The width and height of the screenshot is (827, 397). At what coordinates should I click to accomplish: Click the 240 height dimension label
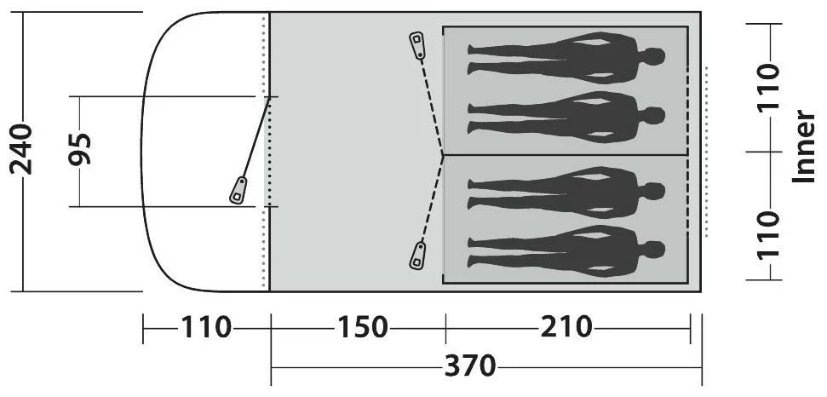tap(21, 149)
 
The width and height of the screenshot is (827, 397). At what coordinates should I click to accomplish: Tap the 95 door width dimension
tap(80, 149)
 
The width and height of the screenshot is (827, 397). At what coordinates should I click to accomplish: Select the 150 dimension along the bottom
tap(362, 327)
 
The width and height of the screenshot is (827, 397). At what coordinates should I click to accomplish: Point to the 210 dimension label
tap(566, 327)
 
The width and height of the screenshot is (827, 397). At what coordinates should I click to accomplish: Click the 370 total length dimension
tap(470, 365)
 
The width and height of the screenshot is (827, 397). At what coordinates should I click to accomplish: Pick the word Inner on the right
tap(804, 147)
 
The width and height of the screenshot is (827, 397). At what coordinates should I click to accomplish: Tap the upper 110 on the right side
tap(768, 86)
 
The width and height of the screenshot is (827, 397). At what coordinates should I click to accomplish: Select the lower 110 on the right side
tap(768, 234)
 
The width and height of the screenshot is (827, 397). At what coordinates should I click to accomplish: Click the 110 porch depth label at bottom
tap(206, 327)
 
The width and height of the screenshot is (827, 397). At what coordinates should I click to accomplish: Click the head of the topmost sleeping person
tap(653, 56)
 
